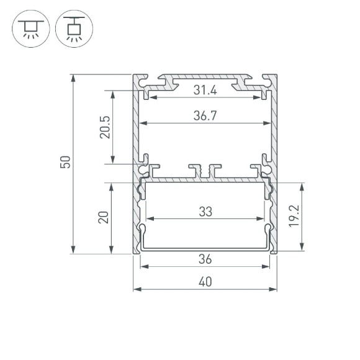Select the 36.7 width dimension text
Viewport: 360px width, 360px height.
(x=205, y=116)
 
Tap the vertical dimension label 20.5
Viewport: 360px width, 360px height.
(x=104, y=127)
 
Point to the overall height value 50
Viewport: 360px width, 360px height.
(x=66, y=163)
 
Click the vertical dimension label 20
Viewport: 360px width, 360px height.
(x=104, y=217)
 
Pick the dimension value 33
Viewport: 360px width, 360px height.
(x=205, y=211)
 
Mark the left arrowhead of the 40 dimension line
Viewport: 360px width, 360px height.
(x=136, y=289)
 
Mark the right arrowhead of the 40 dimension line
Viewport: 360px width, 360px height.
(x=274, y=289)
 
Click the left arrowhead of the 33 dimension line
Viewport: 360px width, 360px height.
(x=149, y=218)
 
